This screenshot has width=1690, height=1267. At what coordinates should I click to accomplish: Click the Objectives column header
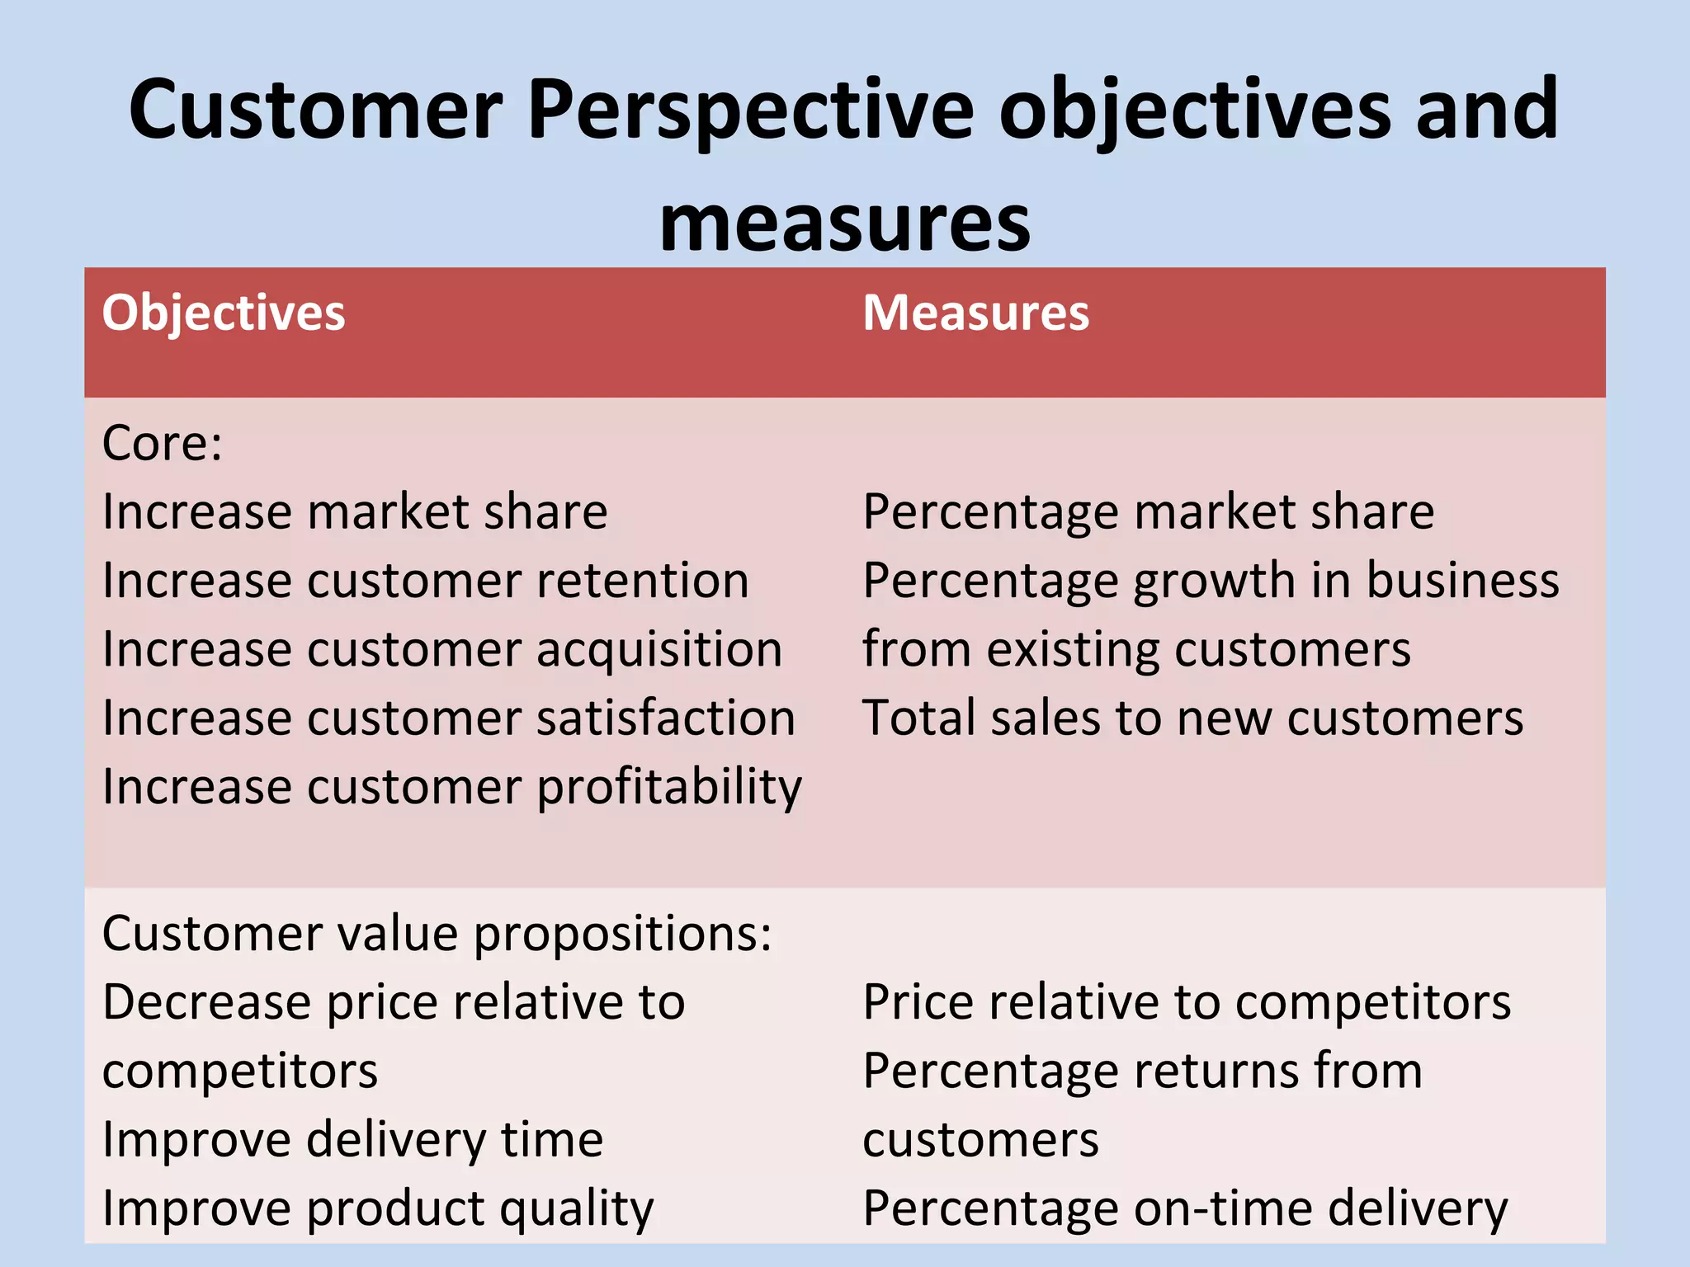(x=223, y=314)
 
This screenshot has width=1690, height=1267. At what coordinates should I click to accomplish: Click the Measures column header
(x=975, y=314)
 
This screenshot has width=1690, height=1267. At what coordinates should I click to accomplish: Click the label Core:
(x=163, y=444)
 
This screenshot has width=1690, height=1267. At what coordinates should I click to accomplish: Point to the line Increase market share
(x=355, y=512)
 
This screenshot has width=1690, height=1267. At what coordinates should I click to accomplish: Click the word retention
(x=643, y=581)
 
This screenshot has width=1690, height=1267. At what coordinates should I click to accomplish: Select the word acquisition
(x=659, y=650)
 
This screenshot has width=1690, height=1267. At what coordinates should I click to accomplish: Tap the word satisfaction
(x=666, y=718)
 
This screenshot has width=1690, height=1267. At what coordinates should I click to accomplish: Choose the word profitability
(x=669, y=788)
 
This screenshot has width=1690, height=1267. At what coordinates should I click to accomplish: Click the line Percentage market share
(x=1148, y=512)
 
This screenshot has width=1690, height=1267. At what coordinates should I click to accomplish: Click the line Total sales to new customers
(x=1192, y=718)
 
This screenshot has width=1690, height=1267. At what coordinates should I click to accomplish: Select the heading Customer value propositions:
(x=437, y=935)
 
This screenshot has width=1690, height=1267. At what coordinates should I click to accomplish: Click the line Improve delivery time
(x=352, y=1141)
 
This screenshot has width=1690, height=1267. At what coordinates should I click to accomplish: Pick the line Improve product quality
(x=378, y=1209)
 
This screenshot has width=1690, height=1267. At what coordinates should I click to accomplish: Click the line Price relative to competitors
(x=1187, y=1003)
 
